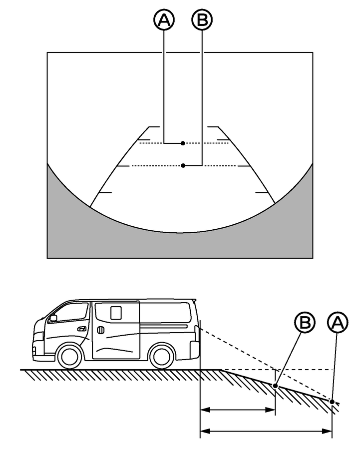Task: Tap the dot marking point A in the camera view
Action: (183, 143)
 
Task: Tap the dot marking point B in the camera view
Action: (183, 165)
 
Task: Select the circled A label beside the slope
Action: (338, 323)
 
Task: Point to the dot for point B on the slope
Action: (275, 386)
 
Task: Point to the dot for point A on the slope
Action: (332, 401)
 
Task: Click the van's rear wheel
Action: (161, 356)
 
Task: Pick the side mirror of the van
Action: (53, 318)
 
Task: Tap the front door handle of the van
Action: (82, 329)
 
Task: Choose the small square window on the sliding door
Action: (116, 313)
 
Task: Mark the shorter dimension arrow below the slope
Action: (237, 410)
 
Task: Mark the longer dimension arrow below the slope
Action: (266, 431)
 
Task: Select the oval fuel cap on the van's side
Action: (100, 330)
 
